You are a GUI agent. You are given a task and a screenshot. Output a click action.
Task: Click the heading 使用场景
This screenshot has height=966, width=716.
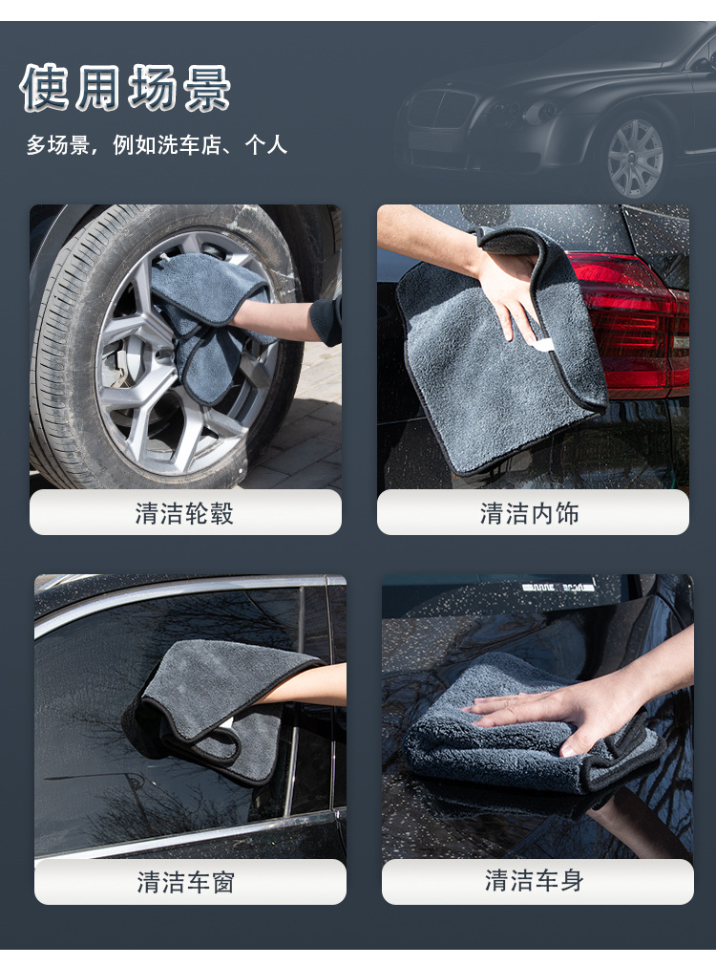point(126,90)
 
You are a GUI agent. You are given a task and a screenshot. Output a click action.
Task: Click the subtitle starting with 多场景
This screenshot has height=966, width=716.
point(157,146)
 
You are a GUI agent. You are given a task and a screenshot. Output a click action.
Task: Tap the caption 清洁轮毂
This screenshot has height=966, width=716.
point(184,514)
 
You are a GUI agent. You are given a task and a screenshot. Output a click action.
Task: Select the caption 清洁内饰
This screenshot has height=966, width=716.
point(532,514)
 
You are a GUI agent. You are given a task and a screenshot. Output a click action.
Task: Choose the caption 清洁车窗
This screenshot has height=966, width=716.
point(189,882)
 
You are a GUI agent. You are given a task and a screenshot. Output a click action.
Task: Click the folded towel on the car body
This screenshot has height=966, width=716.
point(516,745)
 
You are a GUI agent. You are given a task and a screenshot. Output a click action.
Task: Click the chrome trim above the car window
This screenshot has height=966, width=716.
point(181,598)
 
